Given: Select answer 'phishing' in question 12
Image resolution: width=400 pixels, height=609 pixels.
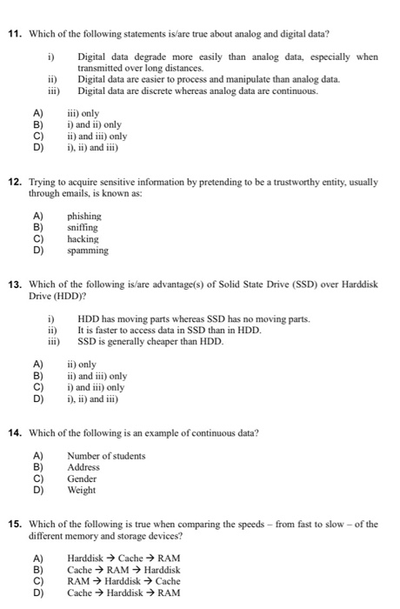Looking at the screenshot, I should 83,216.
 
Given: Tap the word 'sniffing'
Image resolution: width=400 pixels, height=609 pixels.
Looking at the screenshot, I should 83,227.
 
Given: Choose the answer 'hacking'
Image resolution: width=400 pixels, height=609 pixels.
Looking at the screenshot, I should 83,238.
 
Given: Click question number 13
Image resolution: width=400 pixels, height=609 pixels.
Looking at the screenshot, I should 15,284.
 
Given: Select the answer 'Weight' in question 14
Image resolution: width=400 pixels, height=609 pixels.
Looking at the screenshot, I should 81,490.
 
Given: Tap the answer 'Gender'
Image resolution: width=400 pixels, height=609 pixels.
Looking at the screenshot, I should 82,478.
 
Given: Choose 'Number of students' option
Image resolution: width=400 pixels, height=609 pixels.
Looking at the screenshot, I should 106,456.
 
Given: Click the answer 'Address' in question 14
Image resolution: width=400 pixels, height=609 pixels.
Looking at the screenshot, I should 83,467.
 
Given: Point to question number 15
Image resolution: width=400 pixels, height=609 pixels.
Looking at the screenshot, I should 15,524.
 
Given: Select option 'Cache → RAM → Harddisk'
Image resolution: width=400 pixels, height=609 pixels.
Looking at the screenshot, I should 123,570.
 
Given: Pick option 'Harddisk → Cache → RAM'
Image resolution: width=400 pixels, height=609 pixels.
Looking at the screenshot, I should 123,559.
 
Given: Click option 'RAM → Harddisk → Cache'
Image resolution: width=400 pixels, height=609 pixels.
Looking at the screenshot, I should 123,581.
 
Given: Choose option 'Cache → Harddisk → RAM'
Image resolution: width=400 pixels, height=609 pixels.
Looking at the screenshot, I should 123,592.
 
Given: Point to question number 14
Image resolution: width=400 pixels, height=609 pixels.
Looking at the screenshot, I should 15,432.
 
